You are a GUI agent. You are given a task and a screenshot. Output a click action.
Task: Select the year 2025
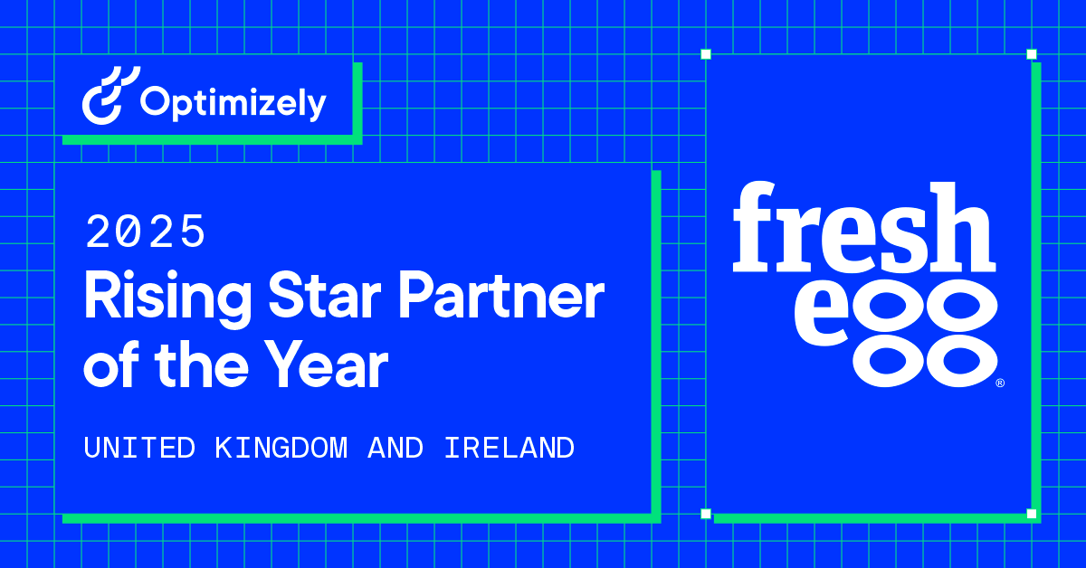[x=145, y=233]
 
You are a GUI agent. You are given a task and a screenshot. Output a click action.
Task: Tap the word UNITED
[x=139, y=447]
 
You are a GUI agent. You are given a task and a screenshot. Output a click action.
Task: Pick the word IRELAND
[x=509, y=447]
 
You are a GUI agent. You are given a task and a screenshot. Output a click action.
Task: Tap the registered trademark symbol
[x=999, y=383]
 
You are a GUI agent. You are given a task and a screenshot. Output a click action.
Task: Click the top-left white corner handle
[x=706, y=54]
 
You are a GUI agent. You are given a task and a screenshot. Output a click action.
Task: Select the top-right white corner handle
[x=1032, y=54]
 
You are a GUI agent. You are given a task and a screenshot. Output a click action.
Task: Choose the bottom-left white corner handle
[x=706, y=514]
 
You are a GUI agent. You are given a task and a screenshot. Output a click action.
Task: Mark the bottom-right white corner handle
[x=1032, y=514]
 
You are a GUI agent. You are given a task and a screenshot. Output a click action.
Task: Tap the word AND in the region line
[x=395, y=447]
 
